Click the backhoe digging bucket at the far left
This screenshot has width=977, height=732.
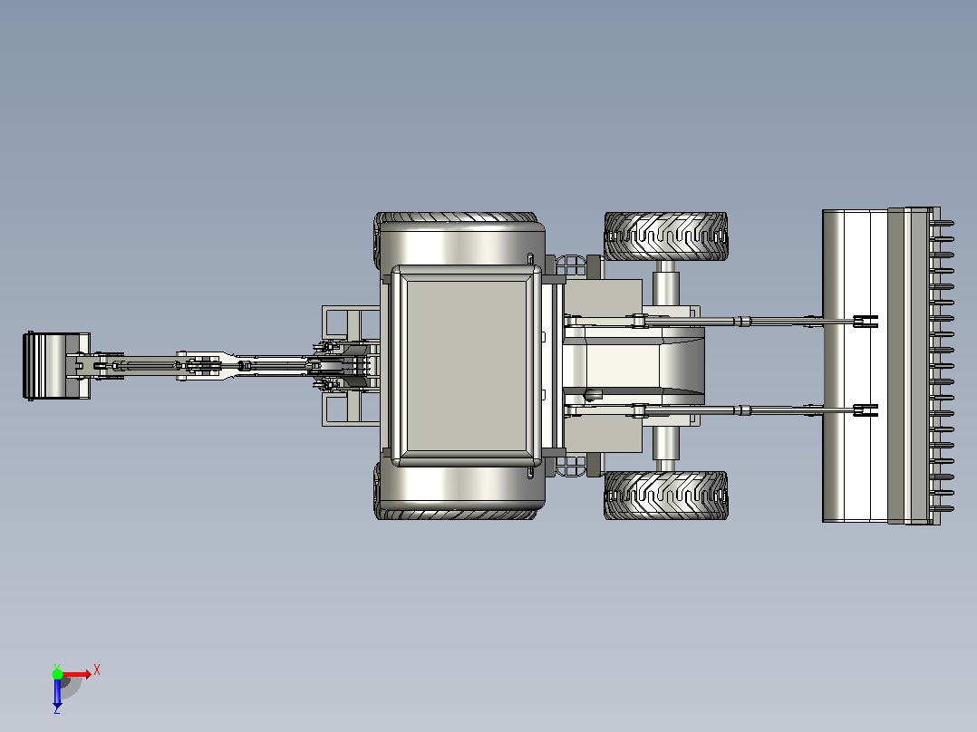tap(56, 366)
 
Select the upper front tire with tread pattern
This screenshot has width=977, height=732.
tap(665, 236)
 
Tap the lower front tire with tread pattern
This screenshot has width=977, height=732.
tap(665, 496)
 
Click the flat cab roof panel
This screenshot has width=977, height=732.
tap(466, 366)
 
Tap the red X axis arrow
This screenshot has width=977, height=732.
tap(76, 675)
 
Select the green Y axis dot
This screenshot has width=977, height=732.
tap(57, 674)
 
